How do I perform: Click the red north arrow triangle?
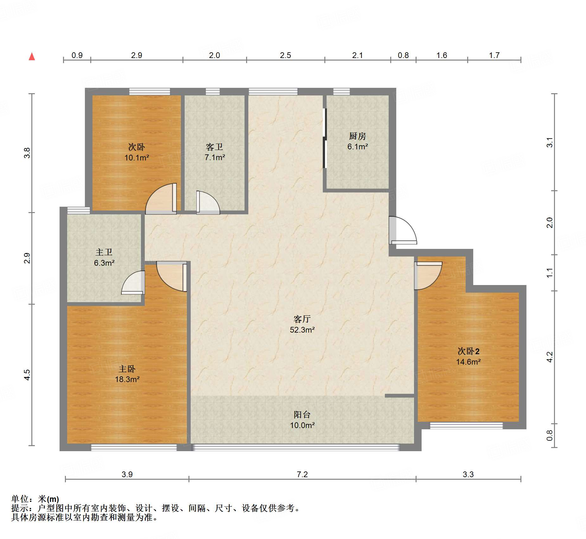point(32,56)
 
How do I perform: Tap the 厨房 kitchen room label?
point(357,136)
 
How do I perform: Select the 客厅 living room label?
point(302,319)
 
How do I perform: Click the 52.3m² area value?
point(302,330)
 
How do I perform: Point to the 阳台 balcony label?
point(302,414)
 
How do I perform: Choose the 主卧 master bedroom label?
point(127,369)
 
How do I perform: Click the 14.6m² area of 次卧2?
point(468,362)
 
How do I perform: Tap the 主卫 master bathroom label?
point(104,252)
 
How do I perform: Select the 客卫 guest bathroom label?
point(214,147)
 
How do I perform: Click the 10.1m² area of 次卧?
point(137,158)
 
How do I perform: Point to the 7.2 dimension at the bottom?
point(302,474)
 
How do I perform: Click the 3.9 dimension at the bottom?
point(127,474)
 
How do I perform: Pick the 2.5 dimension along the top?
point(285,55)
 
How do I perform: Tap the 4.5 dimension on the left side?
point(27,375)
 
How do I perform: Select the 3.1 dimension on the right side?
point(550,142)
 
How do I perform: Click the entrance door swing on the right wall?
point(403,230)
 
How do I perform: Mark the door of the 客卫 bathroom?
point(208,202)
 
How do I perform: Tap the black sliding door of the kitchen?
point(324,138)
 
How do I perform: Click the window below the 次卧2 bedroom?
point(466,425)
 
